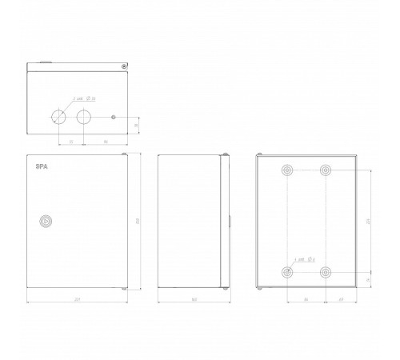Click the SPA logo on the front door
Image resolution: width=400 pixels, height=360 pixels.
click(41, 166)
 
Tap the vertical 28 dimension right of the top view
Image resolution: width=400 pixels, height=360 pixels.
click(136, 126)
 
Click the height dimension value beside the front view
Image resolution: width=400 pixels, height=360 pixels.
click(137, 222)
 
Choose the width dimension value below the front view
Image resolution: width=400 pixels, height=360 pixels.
click(77, 300)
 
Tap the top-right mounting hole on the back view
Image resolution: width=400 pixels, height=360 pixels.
click(326, 170)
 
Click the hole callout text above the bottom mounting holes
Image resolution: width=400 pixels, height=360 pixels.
click(306, 260)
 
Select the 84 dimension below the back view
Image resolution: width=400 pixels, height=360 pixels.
click(306, 300)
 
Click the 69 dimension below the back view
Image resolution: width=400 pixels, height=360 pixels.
click(341, 300)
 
